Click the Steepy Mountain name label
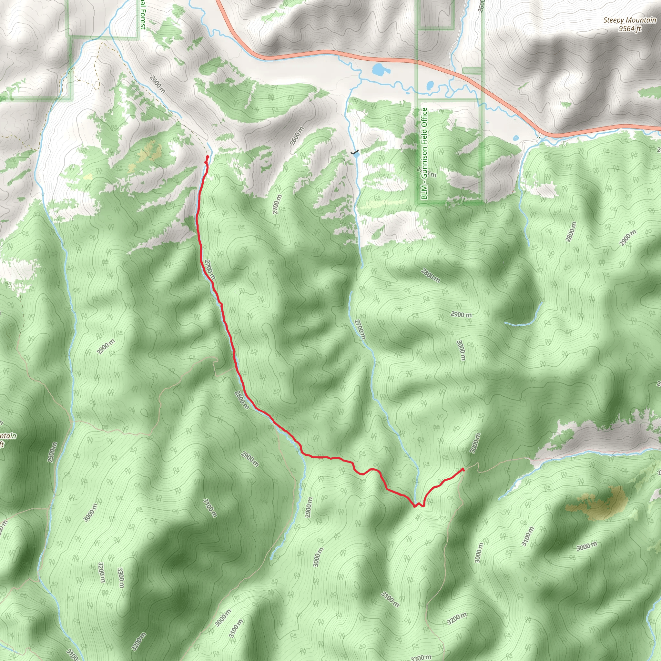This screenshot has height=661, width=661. click(629, 20)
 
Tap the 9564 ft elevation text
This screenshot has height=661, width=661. click(629, 29)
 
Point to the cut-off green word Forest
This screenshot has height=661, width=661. click(143, 17)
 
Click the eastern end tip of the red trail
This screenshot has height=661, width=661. click(463, 469)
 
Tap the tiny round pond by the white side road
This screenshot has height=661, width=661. click(515, 138)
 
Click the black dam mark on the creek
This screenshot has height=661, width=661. click(355, 152)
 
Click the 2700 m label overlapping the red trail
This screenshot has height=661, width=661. click(210, 269)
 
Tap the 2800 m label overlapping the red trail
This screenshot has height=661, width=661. click(241, 400)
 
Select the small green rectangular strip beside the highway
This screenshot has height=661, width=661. click(472, 71)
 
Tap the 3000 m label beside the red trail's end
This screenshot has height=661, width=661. click(475, 443)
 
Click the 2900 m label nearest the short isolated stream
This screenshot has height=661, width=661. click(461, 314)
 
